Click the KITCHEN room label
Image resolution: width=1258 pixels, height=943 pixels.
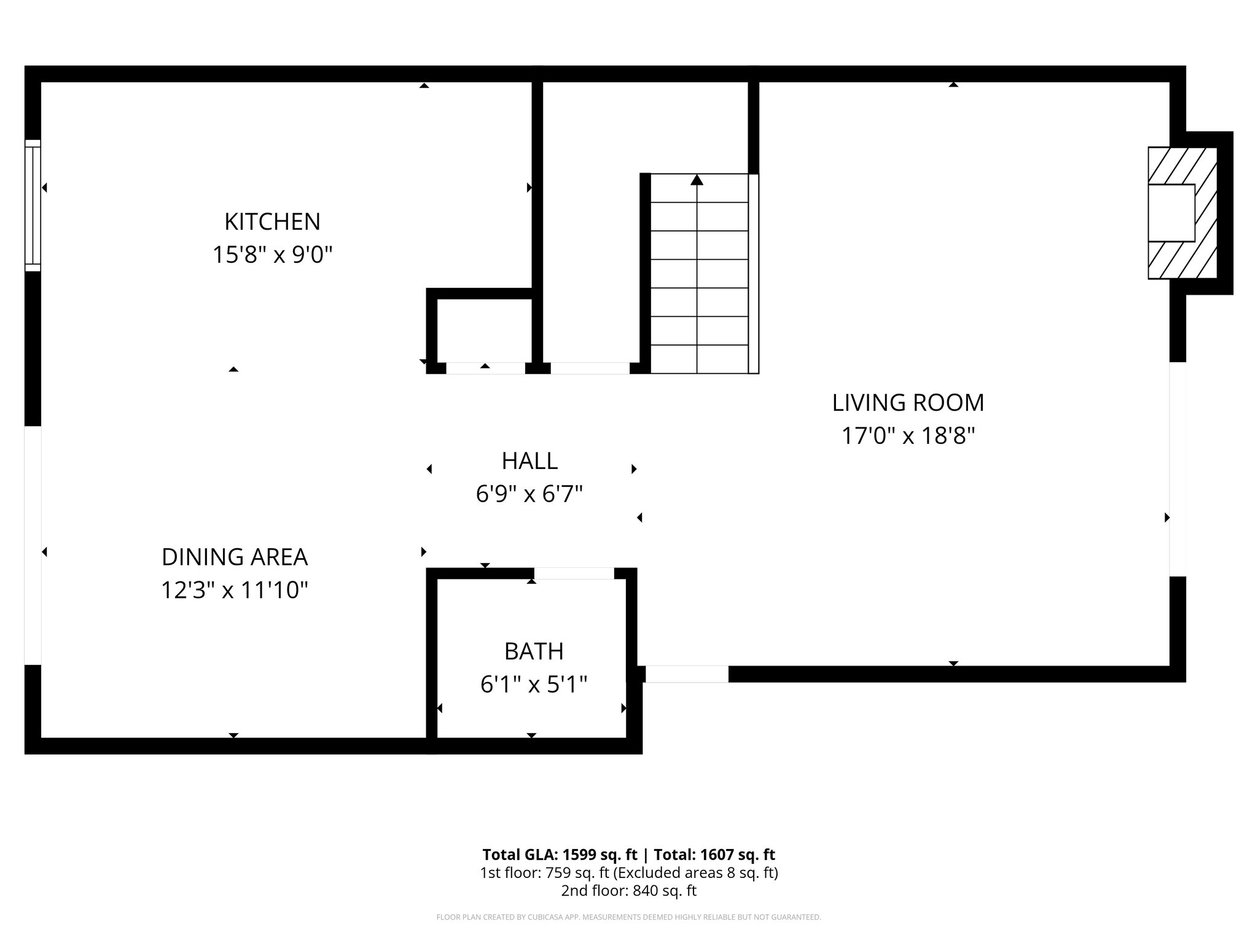pyautogui.click(x=272, y=222)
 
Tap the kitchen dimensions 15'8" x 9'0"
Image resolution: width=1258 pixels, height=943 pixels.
pyautogui.click(x=272, y=255)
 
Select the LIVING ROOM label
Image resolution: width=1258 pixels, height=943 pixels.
pyautogui.click(x=908, y=403)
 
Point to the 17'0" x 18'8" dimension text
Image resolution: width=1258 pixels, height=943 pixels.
pyautogui.click(x=908, y=437)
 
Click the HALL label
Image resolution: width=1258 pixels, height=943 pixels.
pyautogui.click(x=529, y=461)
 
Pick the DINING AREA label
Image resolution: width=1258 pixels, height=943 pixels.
pyautogui.click(x=234, y=557)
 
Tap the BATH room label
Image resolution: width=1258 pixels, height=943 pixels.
pyautogui.click(x=534, y=651)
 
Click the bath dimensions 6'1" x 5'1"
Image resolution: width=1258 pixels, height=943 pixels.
pyautogui.click(x=534, y=685)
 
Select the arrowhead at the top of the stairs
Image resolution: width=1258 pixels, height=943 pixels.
pyautogui.click(x=697, y=180)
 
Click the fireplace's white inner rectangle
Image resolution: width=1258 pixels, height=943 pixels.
pyautogui.click(x=1171, y=212)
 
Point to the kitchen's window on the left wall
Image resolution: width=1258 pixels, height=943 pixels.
pyautogui.click(x=33, y=205)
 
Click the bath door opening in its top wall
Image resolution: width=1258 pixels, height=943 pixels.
pyautogui.click(x=574, y=573)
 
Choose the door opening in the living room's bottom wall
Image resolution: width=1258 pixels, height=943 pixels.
pyautogui.click(x=687, y=674)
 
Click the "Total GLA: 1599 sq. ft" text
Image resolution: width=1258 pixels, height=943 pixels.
pyautogui.click(x=560, y=855)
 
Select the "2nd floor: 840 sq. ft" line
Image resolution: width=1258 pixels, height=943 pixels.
pyautogui.click(x=628, y=891)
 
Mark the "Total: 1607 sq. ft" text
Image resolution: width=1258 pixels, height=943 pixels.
pyautogui.click(x=714, y=855)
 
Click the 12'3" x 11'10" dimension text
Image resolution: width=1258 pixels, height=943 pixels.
pyautogui.click(x=234, y=591)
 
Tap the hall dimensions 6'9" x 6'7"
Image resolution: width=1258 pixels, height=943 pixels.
pyautogui.click(x=529, y=494)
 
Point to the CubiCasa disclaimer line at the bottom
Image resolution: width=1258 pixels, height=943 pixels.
pyautogui.click(x=628, y=917)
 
